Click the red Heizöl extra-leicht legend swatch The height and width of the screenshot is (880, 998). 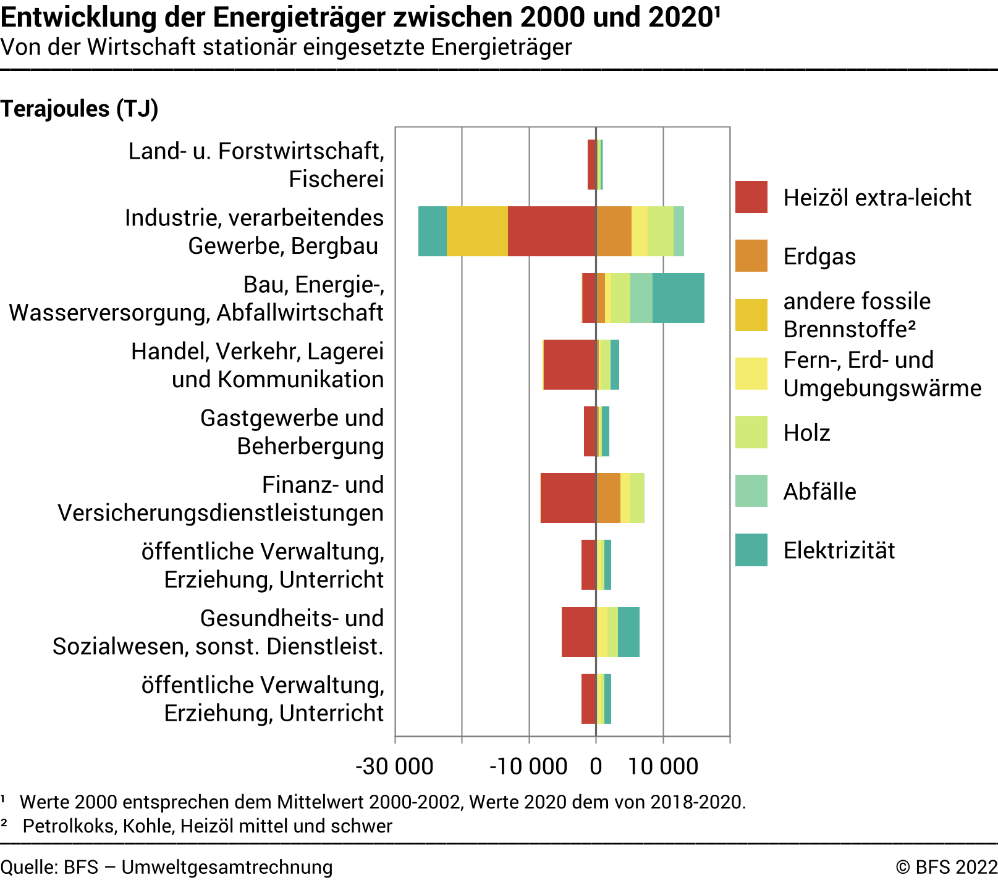(751, 197)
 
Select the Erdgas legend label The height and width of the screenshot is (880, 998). (819, 256)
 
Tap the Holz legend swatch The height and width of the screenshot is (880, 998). (751, 432)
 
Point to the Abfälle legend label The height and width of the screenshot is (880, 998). (819, 492)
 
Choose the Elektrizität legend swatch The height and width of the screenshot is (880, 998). (751, 550)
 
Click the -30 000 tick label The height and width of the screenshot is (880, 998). (394, 766)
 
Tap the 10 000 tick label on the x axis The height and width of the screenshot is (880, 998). (663, 766)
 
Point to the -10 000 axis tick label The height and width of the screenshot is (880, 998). (528, 766)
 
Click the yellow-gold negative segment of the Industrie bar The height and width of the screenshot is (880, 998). (477, 231)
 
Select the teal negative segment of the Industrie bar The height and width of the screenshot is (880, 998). (432, 231)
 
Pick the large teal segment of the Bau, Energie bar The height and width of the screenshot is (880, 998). (678, 298)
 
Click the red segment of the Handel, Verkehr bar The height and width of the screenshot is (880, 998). (570, 364)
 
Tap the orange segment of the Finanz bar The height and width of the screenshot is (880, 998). (608, 498)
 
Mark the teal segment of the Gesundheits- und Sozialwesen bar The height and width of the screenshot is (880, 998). (628, 632)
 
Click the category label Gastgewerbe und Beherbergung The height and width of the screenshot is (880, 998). (292, 432)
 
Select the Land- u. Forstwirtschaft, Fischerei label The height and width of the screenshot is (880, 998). (256, 165)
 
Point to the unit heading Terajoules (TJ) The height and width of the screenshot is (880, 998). (80, 109)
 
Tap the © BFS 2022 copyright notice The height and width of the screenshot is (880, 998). (946, 867)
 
